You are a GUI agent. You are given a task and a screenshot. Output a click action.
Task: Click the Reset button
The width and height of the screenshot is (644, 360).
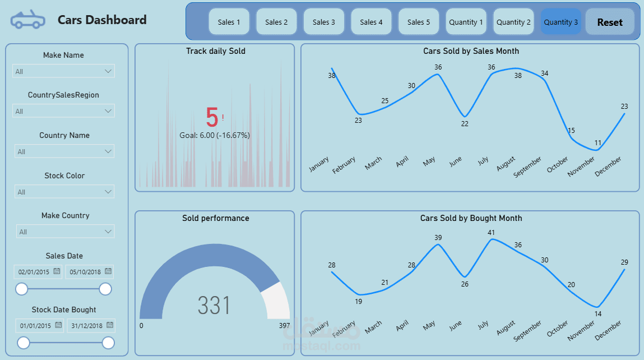[x=610, y=22]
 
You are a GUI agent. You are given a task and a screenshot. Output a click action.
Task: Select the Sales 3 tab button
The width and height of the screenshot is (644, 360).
[x=324, y=22]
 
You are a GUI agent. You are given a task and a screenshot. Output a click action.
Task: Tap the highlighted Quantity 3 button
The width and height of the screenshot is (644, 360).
[x=560, y=22]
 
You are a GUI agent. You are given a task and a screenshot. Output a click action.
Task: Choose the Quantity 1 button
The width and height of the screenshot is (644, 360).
[x=466, y=22]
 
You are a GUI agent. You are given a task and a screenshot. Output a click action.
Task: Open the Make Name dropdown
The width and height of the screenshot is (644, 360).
[x=63, y=71]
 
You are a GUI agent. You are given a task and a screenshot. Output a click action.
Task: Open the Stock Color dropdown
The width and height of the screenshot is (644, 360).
[x=64, y=192]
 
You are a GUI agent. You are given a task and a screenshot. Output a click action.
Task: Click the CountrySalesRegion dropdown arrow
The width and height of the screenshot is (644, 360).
[x=109, y=111]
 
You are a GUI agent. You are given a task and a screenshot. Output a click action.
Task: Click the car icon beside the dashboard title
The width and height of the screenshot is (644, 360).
[x=27, y=20]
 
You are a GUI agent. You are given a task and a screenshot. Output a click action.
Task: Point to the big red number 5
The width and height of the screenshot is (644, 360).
[x=212, y=118]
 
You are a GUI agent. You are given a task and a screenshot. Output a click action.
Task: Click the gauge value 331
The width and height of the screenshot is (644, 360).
[x=214, y=306]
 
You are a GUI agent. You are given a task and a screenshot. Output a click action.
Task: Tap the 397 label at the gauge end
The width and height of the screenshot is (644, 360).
[x=284, y=325]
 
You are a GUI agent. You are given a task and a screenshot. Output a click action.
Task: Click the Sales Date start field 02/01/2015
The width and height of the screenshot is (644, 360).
[x=35, y=272]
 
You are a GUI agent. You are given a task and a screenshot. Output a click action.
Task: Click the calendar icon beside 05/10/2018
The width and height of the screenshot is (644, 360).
[x=108, y=271]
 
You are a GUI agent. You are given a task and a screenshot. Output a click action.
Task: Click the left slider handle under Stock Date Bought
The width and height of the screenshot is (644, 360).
[x=24, y=343]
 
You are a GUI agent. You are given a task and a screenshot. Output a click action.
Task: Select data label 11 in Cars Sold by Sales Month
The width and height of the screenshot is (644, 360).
[x=597, y=143]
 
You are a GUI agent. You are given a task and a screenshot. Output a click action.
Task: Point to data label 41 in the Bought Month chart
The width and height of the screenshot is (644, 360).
[x=491, y=232]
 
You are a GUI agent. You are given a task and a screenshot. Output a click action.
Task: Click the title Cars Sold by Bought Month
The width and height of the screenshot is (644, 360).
[x=471, y=218]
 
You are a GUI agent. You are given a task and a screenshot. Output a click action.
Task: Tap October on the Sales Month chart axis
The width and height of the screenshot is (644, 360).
[x=558, y=165]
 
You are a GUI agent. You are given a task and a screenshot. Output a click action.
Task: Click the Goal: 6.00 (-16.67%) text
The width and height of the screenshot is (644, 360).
[x=215, y=135]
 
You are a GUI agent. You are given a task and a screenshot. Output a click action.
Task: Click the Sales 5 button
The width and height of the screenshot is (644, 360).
[x=419, y=22]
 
